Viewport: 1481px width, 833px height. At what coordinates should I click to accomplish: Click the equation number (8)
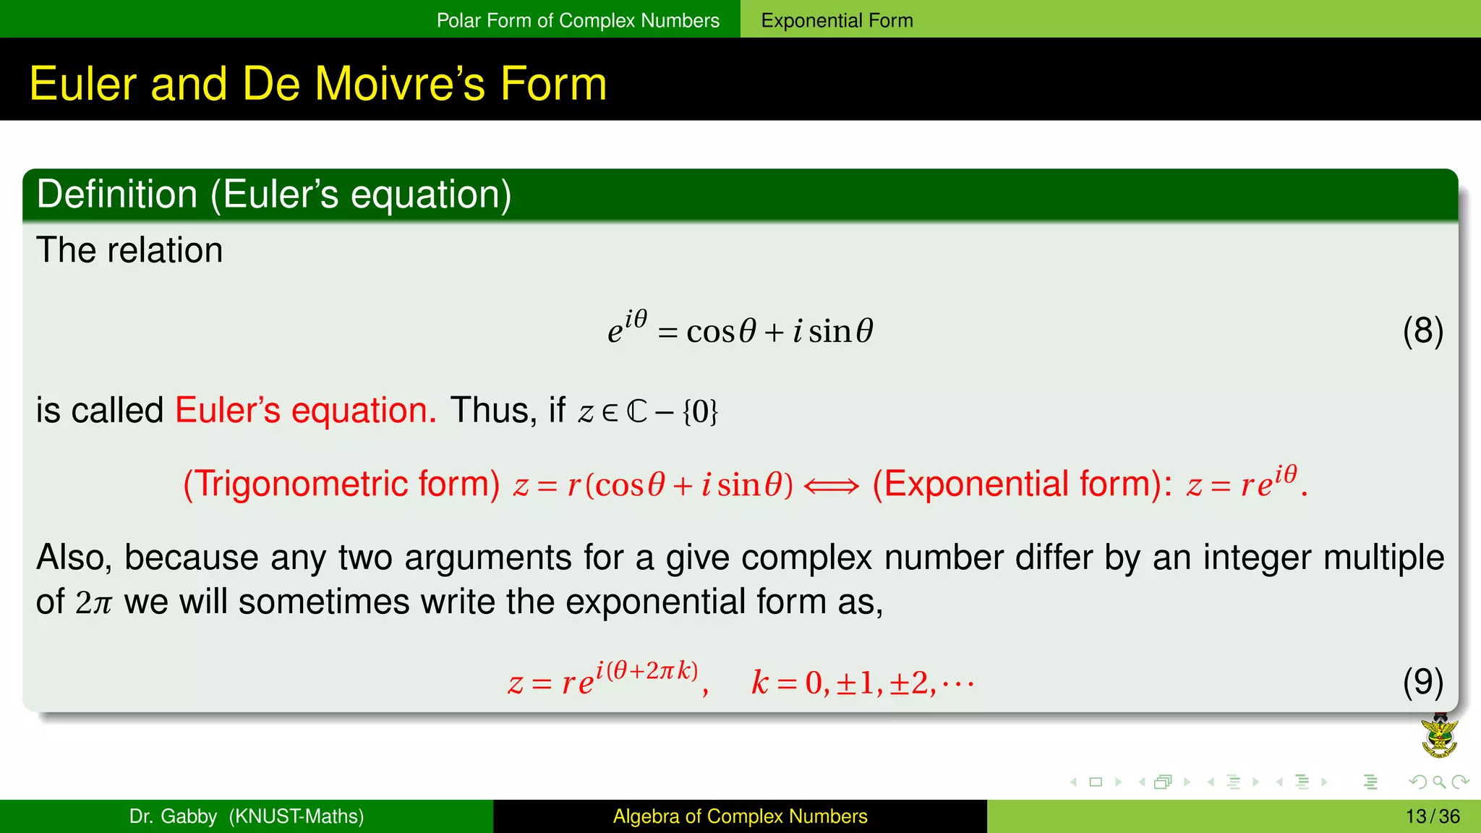(x=1422, y=331)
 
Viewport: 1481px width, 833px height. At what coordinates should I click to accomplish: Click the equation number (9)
(x=1422, y=682)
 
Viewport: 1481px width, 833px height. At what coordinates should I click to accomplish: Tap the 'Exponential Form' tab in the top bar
(x=837, y=20)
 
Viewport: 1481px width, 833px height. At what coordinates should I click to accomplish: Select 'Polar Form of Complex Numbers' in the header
(x=578, y=20)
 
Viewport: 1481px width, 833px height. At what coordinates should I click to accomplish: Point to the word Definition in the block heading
(x=116, y=195)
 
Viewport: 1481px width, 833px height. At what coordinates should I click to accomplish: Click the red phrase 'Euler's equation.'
(x=305, y=411)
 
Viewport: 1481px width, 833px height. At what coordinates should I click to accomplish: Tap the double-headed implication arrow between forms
(x=832, y=486)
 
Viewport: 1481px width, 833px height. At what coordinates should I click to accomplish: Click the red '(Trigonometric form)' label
(x=341, y=484)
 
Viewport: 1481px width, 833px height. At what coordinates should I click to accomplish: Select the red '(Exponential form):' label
(x=1023, y=484)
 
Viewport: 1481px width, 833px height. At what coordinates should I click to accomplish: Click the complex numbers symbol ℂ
(x=636, y=412)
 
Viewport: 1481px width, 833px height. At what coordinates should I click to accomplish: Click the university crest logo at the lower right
(x=1439, y=736)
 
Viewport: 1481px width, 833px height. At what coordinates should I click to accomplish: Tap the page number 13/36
(x=1433, y=816)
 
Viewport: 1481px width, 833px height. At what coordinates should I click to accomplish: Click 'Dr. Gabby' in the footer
(x=173, y=816)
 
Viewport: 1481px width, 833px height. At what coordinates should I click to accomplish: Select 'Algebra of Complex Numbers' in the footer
(x=740, y=816)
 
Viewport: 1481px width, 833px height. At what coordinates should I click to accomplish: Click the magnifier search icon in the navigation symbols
(x=1439, y=782)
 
